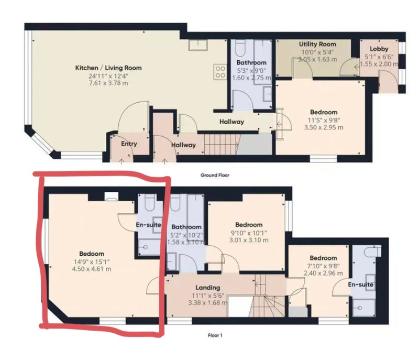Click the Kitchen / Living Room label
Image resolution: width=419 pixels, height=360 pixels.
(x=108, y=68)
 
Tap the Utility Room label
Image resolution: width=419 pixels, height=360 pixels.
(x=317, y=44)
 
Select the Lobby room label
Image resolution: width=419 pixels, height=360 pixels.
(x=379, y=49)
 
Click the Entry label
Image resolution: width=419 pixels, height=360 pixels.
(x=129, y=144)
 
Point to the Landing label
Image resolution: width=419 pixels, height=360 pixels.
(x=207, y=288)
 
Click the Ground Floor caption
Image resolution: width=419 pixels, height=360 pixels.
(x=215, y=176)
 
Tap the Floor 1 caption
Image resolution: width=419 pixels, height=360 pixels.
(x=215, y=335)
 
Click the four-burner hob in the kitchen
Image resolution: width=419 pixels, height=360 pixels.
(x=220, y=72)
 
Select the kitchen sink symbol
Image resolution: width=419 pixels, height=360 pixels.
(x=198, y=45)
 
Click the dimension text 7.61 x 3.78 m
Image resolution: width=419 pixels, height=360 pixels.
(x=108, y=83)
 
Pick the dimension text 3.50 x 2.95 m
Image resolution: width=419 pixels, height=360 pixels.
(x=324, y=127)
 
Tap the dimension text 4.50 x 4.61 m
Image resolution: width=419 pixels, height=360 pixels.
(x=92, y=269)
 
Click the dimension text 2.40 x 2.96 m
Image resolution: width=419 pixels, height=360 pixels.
(x=323, y=274)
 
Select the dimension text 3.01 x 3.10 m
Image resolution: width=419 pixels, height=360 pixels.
(x=249, y=240)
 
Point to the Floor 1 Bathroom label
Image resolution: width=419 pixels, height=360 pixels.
(x=186, y=227)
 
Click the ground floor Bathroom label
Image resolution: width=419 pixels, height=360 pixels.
(x=251, y=62)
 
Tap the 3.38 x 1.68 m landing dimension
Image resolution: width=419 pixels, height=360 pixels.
(x=208, y=303)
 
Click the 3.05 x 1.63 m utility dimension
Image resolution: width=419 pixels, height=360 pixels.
(x=317, y=59)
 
